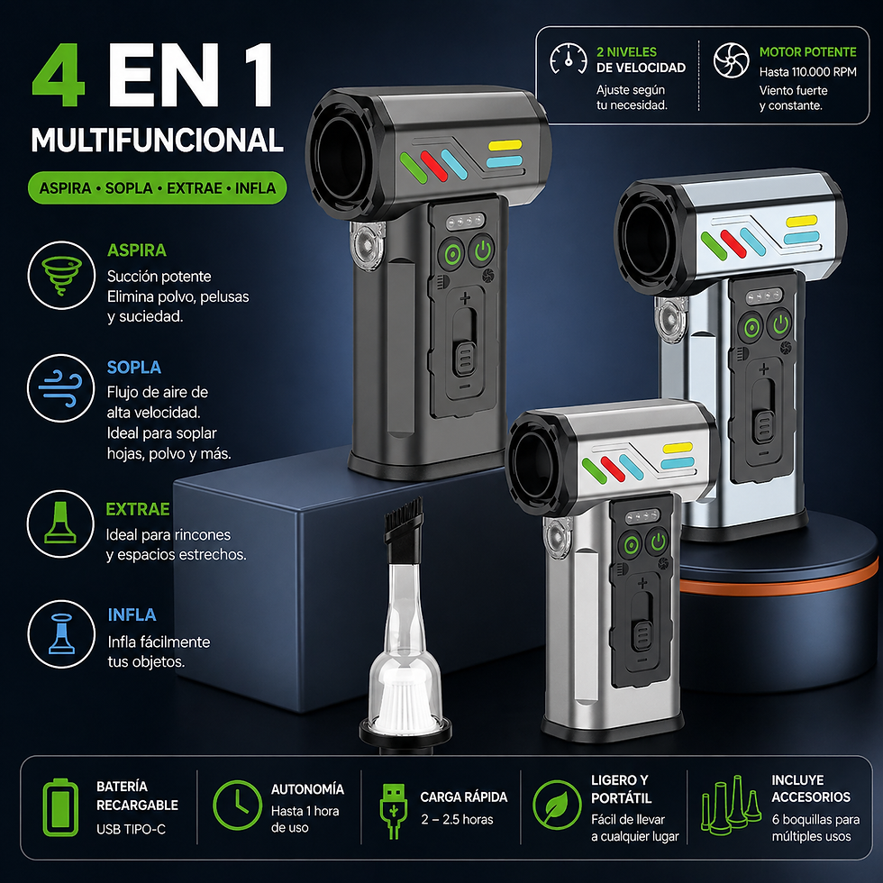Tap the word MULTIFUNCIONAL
point(157,141)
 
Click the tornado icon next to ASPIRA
point(61,276)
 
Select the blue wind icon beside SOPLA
point(61,388)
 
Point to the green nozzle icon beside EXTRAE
point(60,523)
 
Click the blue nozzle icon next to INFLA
point(61,633)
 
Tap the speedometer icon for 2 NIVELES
point(569,58)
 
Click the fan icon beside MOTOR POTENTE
point(731,59)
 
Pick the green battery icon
point(61,807)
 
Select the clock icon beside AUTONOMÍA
point(238,805)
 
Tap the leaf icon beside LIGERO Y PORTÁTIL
point(557,805)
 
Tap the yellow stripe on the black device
point(505,145)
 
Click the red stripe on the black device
point(433,166)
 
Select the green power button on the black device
point(483,250)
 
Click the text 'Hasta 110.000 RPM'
point(807,72)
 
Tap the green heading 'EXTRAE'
point(137,509)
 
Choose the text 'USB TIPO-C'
point(131,829)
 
